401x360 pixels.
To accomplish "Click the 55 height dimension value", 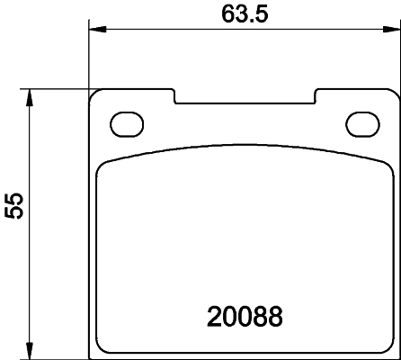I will pyautogui.click(x=14, y=206).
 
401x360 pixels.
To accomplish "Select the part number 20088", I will pyautogui.click(x=245, y=316).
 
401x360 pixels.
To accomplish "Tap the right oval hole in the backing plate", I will pyautogui.click(x=363, y=122).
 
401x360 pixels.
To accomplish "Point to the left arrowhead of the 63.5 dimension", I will pyautogui.click(x=94, y=31).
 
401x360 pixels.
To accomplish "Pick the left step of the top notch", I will pyautogui.click(x=174, y=95).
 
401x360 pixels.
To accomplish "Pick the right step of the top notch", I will pyautogui.click(x=315, y=95).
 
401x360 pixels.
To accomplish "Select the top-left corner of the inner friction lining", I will pyautogui.click(x=102, y=163).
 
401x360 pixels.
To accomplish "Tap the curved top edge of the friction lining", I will pyautogui.click(x=245, y=146).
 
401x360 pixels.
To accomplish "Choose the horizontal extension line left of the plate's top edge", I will pyautogui.click(x=54, y=88).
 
